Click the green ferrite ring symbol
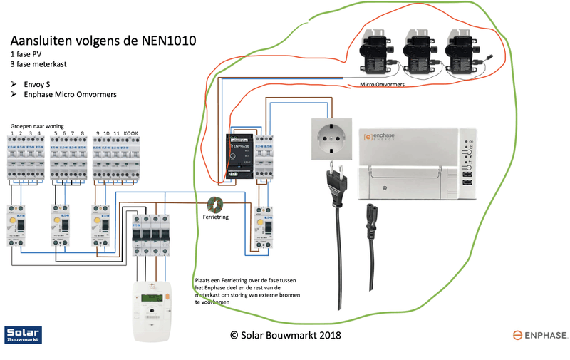click(x=215, y=203)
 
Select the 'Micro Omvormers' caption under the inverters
click(x=384, y=84)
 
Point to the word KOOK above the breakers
click(x=130, y=133)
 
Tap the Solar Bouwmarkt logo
click(x=24, y=334)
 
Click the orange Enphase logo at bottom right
click(x=539, y=334)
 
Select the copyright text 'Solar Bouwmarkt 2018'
click(x=285, y=335)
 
